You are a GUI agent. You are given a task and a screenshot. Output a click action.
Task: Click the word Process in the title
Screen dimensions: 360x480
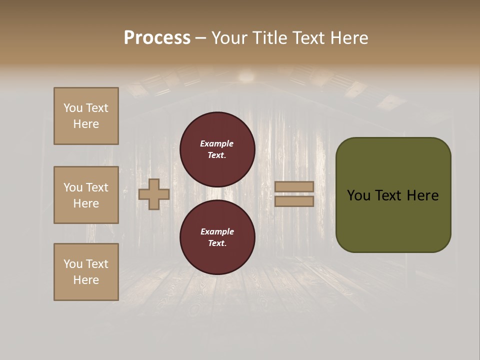coord(157,38)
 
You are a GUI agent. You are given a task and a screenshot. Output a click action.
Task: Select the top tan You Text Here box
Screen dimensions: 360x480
coord(86,116)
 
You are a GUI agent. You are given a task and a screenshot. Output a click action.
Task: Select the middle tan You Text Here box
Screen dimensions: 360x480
coord(86,195)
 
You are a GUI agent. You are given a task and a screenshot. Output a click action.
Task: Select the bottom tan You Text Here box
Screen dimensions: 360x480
coord(86,272)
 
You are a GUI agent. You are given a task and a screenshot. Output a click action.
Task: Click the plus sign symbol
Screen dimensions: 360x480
coord(154,194)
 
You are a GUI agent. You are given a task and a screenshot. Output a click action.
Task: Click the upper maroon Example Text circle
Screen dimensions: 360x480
coord(217,149)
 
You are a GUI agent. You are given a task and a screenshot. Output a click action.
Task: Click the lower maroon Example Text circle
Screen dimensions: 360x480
coord(217,237)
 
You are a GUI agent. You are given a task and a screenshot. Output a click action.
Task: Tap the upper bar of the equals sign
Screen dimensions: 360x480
coord(294,187)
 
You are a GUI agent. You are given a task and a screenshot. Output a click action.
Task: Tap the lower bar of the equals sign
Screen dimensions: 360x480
coord(294,201)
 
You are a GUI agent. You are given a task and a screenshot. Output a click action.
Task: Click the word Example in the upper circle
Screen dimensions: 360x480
coord(217,143)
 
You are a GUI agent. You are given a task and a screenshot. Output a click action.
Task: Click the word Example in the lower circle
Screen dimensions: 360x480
coord(217,231)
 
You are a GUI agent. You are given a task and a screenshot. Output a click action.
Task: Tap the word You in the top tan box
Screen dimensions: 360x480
coord(73,108)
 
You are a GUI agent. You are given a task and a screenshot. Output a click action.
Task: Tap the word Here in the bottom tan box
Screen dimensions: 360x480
coord(86,280)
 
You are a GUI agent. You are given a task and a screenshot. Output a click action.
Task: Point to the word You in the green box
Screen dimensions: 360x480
coord(358,195)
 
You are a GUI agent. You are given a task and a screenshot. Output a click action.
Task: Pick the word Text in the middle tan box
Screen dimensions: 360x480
coord(96,187)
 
